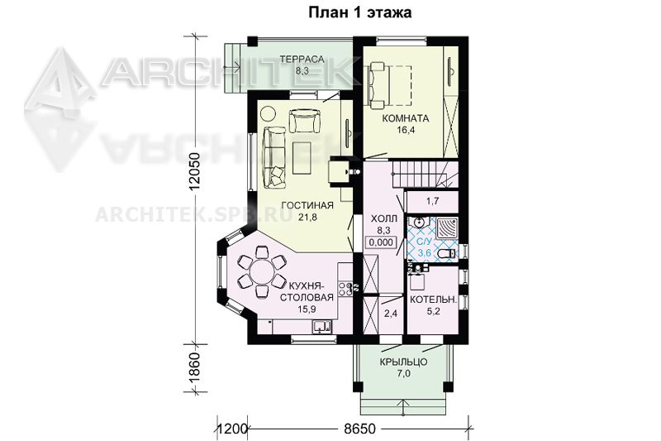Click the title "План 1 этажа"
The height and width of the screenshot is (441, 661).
pyautogui.click(x=360, y=12)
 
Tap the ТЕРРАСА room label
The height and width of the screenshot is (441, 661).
pyautogui.click(x=302, y=60)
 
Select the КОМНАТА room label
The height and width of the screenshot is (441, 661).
pyautogui.click(x=406, y=118)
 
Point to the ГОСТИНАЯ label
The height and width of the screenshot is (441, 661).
pyautogui.click(x=307, y=205)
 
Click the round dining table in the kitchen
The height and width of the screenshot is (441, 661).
pyautogui.click(x=262, y=273)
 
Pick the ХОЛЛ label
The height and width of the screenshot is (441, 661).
pyautogui.click(x=383, y=218)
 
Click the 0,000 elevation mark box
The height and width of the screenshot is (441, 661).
pyautogui.click(x=381, y=242)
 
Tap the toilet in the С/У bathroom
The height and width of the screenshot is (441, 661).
pyautogui.click(x=447, y=254)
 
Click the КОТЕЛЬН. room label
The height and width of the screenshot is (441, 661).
pyautogui.click(x=433, y=300)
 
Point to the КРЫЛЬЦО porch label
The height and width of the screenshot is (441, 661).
pyautogui.click(x=403, y=362)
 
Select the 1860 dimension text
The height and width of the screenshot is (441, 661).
pyautogui.click(x=194, y=367)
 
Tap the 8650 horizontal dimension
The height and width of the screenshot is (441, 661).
pyautogui.click(x=359, y=429)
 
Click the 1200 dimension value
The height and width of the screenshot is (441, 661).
pyautogui.click(x=231, y=429)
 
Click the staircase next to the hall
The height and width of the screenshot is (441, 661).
pyautogui.click(x=425, y=173)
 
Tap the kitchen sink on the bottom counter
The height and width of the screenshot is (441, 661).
pyautogui.click(x=322, y=326)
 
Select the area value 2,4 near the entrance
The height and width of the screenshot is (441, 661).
pyautogui.click(x=391, y=314)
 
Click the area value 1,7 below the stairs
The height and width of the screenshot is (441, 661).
pyautogui.click(x=432, y=201)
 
